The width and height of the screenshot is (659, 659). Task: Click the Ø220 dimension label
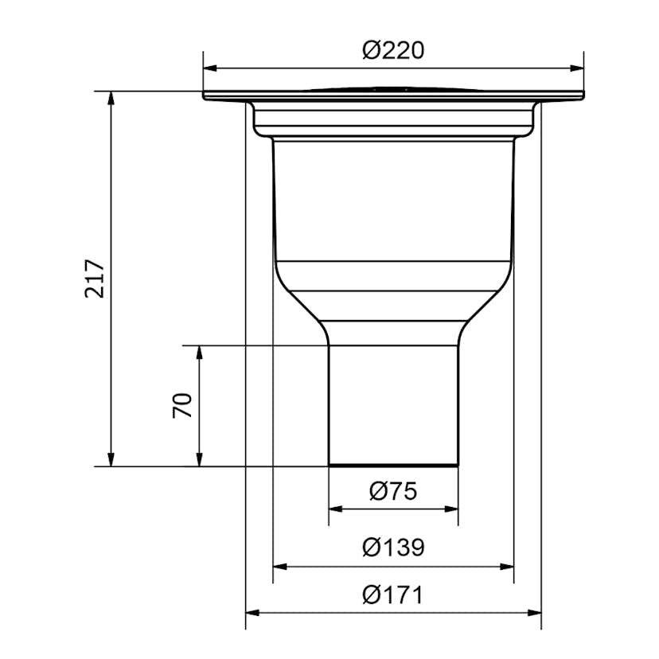click(x=393, y=50)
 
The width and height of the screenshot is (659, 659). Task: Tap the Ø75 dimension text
click(x=393, y=491)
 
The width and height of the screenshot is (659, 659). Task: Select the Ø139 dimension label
click(x=393, y=548)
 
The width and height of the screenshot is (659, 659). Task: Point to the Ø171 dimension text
click(x=393, y=595)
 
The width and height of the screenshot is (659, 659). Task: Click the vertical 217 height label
click(x=95, y=279)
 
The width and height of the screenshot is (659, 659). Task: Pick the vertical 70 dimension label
click(x=182, y=405)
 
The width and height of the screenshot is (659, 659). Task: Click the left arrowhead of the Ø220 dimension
click(x=210, y=68)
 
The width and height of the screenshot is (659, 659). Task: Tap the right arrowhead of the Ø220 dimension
click(x=577, y=68)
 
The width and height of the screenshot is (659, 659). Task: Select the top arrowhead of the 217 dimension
click(x=111, y=98)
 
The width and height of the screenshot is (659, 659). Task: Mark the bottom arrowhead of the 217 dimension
click(x=111, y=459)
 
